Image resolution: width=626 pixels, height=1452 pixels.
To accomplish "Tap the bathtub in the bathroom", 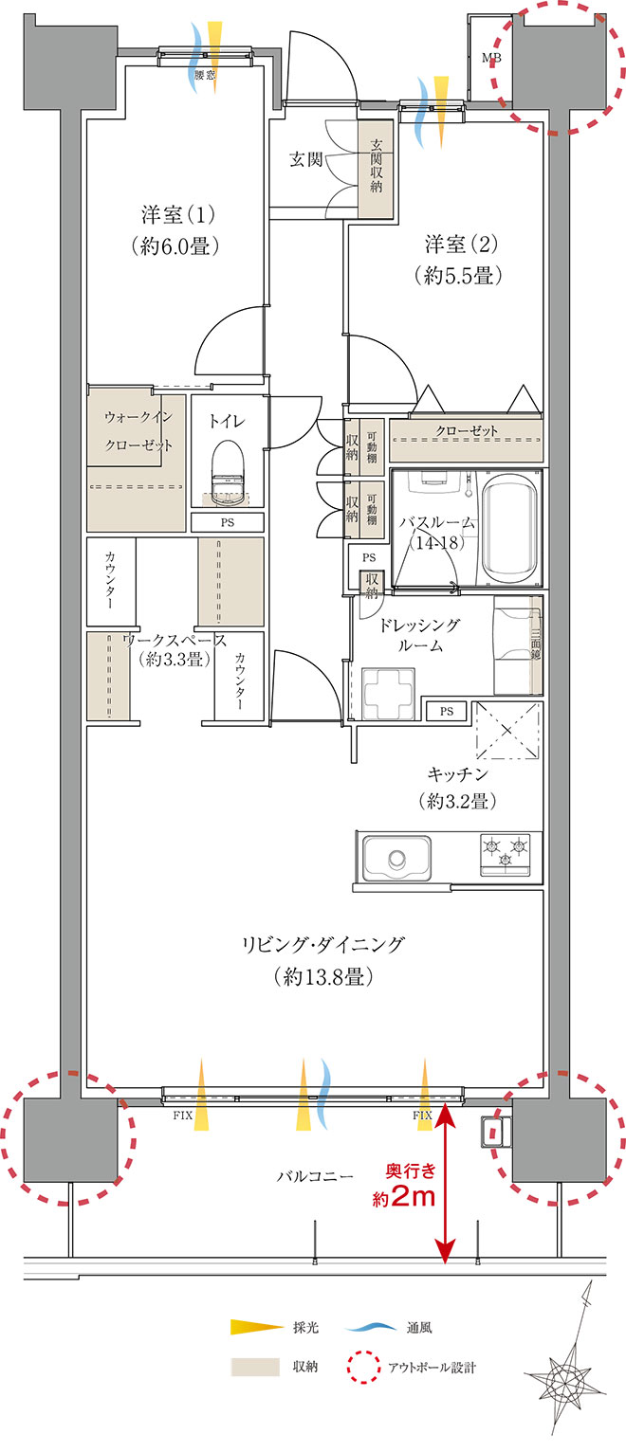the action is tap(510, 529).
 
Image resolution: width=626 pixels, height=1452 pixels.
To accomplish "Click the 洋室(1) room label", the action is tap(175, 229).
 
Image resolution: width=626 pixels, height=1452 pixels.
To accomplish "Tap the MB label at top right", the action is tap(491, 59).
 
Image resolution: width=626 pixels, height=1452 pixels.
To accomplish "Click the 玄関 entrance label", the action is tap(305, 159).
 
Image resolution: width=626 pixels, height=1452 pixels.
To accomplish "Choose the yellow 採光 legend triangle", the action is tap(257, 1327).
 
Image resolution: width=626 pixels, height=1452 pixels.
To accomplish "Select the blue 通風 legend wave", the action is tap(371, 1327).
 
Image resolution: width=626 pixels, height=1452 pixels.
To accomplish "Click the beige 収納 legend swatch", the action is tap(255, 1367).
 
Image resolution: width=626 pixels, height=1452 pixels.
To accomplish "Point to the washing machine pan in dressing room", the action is tap(389, 693).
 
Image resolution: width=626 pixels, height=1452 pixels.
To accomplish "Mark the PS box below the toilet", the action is tap(227, 522).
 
